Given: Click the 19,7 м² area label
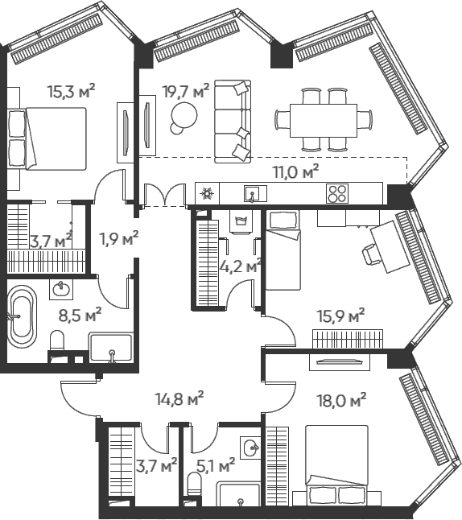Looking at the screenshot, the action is coord(186,91).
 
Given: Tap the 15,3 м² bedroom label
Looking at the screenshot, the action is coord(72,91).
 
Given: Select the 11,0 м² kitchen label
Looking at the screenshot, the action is coord(295,171).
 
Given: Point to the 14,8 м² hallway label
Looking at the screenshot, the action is coord(179,398).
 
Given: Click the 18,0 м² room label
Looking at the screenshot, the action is coord(342,400).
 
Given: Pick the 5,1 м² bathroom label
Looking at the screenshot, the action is coord(216,466).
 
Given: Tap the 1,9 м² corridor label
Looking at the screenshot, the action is coord(119,238).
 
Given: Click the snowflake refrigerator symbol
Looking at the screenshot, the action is coord(208,193).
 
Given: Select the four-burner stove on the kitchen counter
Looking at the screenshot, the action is coord(337,193).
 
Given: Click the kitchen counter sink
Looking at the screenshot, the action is coord(255,193).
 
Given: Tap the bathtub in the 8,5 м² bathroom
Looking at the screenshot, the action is coord(21,316).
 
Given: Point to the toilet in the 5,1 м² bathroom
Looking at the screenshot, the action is coord(195,485).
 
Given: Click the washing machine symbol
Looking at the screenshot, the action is coord(241,221).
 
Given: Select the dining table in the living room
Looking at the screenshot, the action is coord(324,121).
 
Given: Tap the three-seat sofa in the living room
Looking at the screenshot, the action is coord(233,122).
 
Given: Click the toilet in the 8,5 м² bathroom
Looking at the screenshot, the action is coord(57,340).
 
